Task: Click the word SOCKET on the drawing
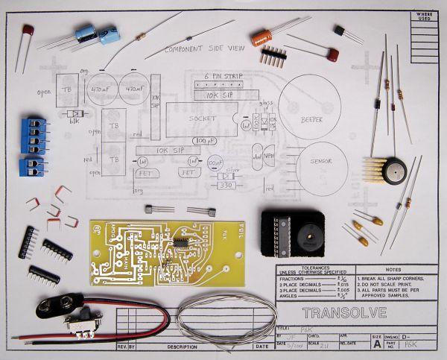(x=203, y=118)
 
